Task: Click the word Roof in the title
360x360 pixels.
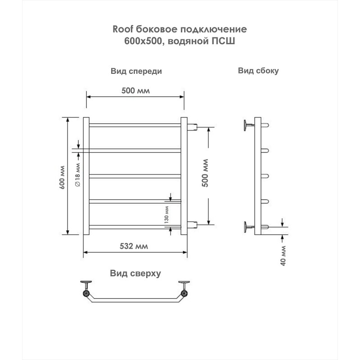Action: click(x=123, y=29)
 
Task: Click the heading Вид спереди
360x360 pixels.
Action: click(x=136, y=71)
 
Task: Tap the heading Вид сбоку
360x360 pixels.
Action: click(x=258, y=71)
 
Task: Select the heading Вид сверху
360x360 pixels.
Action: click(x=135, y=274)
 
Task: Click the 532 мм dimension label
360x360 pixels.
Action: click(x=134, y=246)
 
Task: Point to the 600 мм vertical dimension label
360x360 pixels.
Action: click(x=62, y=177)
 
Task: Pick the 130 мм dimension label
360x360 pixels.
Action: click(x=166, y=215)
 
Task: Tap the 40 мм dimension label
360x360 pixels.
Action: click(x=283, y=256)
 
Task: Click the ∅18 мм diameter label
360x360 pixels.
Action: click(x=77, y=175)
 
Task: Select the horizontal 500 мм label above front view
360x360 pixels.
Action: click(x=135, y=91)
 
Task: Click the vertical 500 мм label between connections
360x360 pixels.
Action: click(x=205, y=173)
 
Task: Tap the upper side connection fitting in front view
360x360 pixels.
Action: click(x=193, y=127)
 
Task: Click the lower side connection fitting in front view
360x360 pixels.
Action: click(x=193, y=225)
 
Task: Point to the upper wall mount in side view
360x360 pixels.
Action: click(x=249, y=126)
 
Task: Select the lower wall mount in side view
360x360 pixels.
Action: click(x=249, y=227)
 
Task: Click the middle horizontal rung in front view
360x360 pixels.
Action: click(x=135, y=176)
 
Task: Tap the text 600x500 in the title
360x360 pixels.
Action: click(x=143, y=41)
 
